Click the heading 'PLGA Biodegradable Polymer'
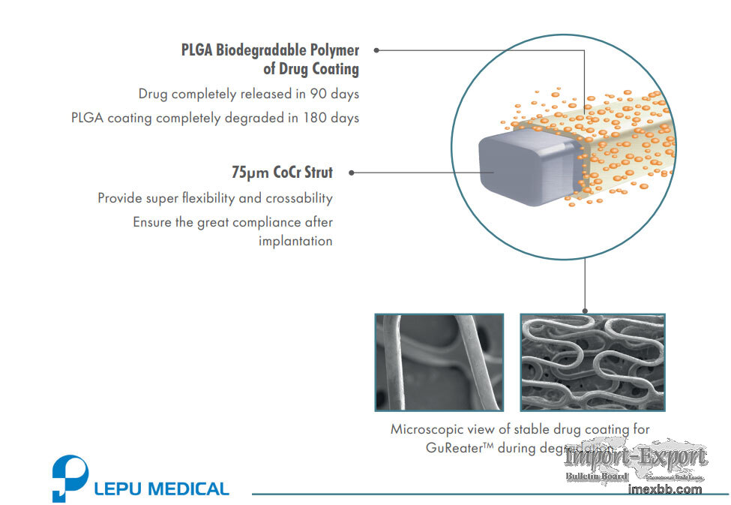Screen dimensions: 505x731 point(270,50)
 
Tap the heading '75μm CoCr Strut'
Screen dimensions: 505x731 point(282,173)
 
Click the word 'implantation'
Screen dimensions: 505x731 point(295,241)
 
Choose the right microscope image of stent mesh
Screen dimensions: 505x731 point(592,362)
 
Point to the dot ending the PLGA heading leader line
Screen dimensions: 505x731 point(376,50)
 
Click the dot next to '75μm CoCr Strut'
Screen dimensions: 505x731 point(352,173)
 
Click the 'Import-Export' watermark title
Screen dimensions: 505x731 point(636,458)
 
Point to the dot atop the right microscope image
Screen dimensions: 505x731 point(584,311)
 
